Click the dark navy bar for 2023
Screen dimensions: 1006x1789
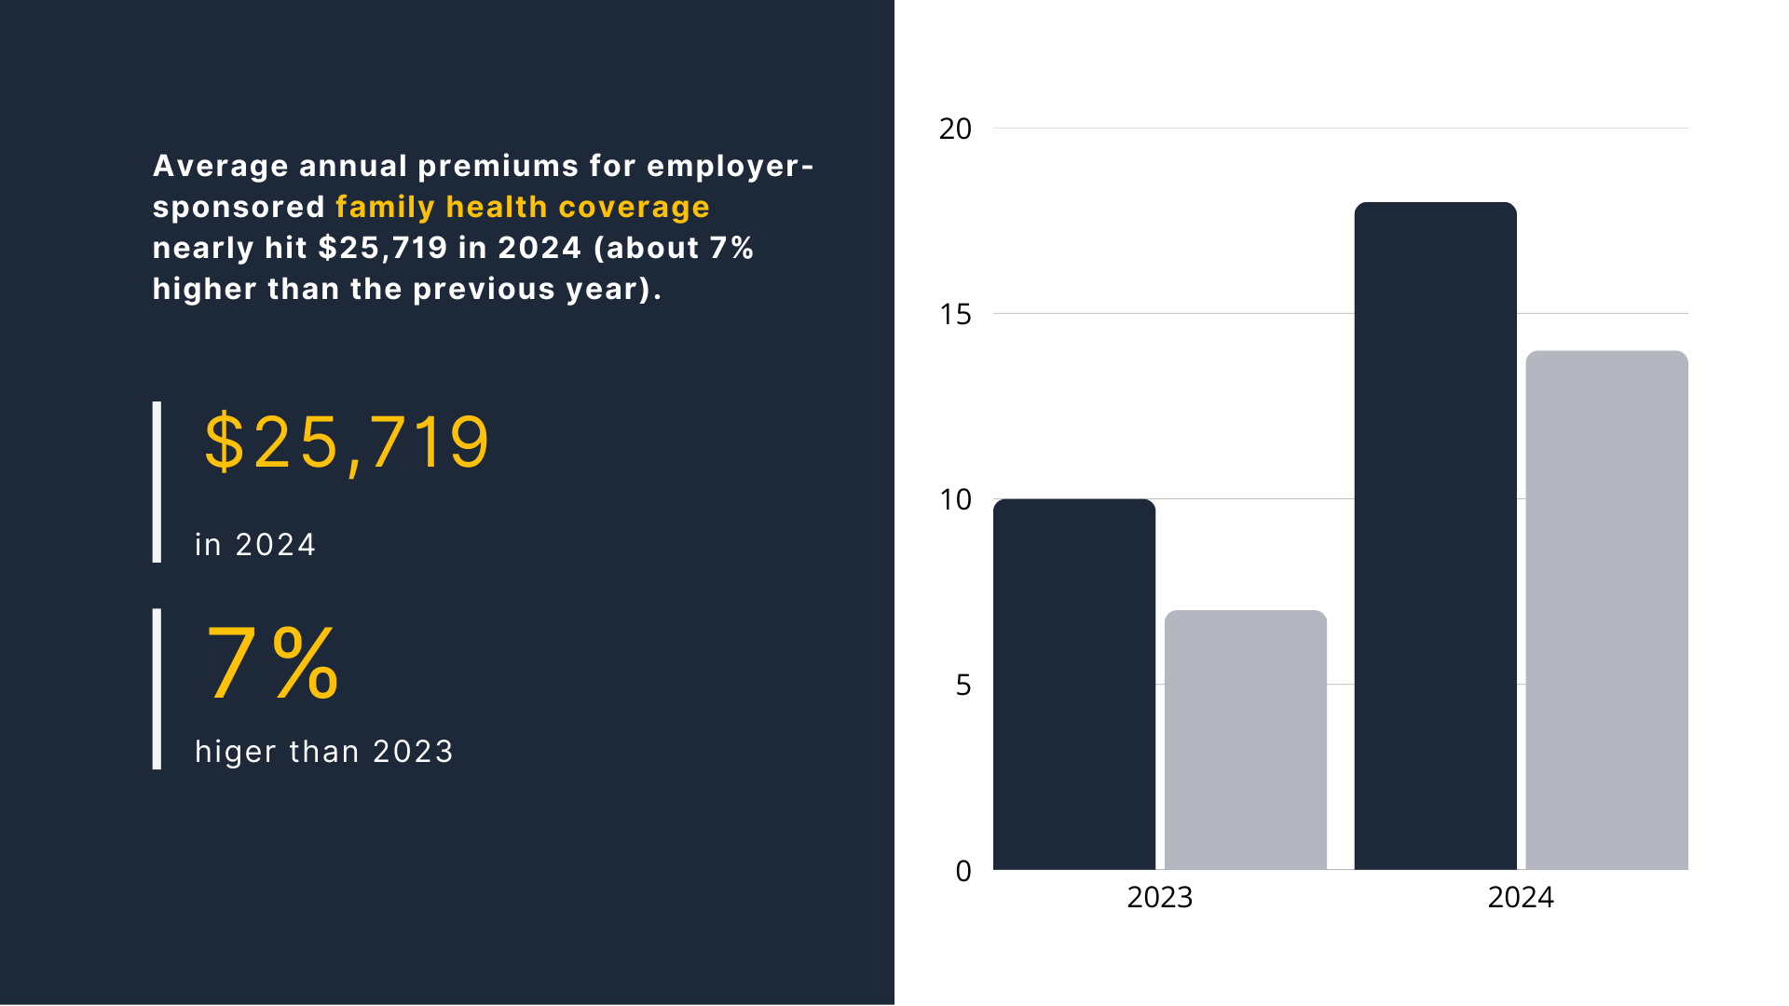1074,685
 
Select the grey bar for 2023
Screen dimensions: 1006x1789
1246,741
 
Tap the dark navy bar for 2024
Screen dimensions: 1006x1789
1435,536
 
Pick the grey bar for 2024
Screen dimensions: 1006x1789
1606,610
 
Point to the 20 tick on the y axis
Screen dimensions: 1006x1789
955,129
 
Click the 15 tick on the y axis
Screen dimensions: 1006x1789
955,314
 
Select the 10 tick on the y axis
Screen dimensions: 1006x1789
955,499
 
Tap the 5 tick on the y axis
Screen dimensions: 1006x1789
963,685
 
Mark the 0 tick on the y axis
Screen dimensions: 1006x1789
963,871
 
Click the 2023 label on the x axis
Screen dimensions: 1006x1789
1159,897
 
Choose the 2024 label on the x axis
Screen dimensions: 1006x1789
1521,897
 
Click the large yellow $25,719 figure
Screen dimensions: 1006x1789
346,442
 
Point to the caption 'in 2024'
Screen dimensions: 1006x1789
255,545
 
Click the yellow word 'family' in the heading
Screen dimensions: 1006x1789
385,207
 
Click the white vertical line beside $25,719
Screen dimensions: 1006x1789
157,482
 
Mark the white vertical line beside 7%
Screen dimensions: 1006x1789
157,688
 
